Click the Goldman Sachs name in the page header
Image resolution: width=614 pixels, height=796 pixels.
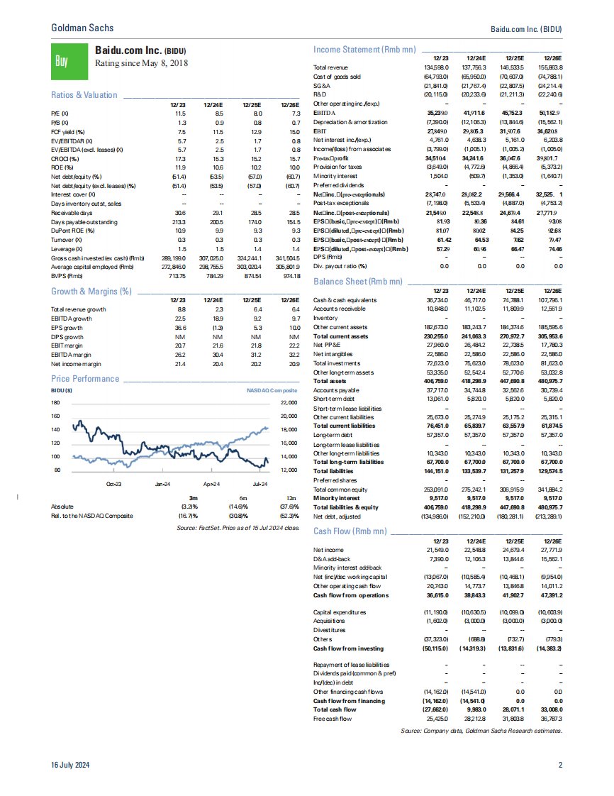pos(82,28)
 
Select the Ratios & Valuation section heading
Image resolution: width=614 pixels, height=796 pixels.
pos(85,95)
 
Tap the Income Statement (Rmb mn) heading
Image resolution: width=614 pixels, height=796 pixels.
pos(364,50)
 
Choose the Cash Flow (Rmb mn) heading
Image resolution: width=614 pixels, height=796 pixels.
pos(351,531)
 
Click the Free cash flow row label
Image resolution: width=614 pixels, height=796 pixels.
pos(333,719)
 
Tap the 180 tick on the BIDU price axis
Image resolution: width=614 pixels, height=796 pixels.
pos(57,403)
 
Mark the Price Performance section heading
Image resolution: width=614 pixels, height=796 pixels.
pos(85,379)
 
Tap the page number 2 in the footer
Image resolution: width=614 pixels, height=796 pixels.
pos(560,765)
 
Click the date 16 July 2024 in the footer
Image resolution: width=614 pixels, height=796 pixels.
pos(70,765)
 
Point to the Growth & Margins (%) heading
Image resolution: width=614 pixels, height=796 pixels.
pos(91,292)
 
